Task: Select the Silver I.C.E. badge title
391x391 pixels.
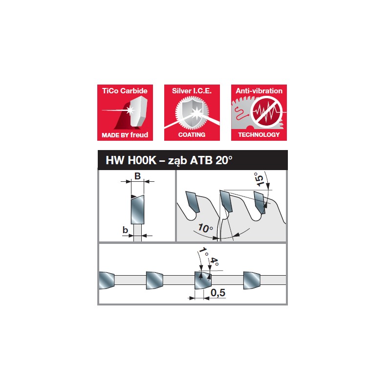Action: coord(192,91)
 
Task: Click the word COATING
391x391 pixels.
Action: coord(192,134)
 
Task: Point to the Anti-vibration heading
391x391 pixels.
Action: coord(259,91)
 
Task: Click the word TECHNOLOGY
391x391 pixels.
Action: coord(259,134)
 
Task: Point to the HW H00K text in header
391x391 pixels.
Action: coord(130,160)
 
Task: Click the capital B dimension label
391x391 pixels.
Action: coord(137,176)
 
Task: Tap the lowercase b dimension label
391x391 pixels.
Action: coord(126,229)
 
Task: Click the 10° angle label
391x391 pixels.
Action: coord(205,228)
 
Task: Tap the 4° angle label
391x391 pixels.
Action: coord(213,262)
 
